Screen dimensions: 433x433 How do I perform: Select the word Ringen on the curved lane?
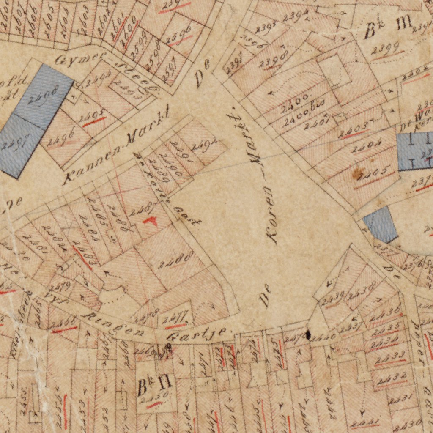coord(114,325)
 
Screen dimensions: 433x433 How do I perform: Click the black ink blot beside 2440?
coord(308,335)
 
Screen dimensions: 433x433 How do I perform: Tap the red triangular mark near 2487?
coord(150,220)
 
